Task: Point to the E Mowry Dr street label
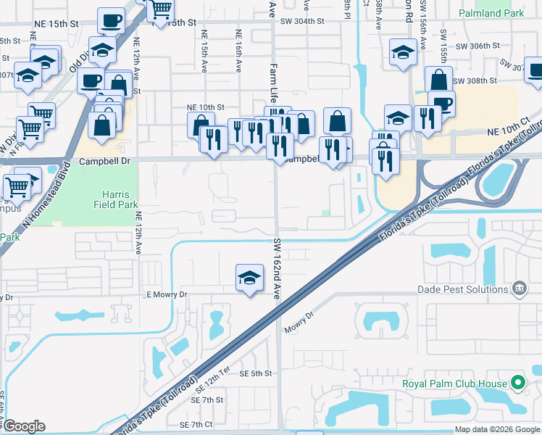click(167, 294)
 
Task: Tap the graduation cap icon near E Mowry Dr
click(249, 278)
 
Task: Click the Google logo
click(24, 426)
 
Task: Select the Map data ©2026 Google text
click(498, 429)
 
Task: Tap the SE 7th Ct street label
click(196, 424)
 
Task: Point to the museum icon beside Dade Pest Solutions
click(519, 289)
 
